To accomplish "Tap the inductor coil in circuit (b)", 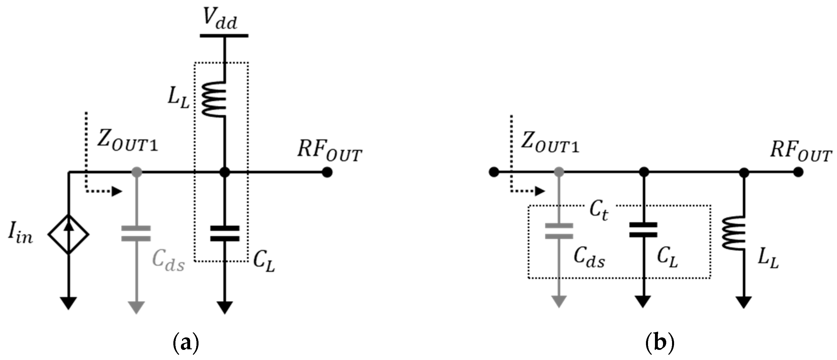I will (733, 233).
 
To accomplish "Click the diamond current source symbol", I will (69, 234).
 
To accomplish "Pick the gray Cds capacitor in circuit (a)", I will (136, 234).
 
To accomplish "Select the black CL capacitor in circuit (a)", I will (225, 234).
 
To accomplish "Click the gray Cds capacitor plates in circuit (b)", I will (559, 231).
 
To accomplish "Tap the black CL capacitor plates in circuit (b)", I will (643, 230).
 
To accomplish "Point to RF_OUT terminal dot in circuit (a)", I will (327, 172).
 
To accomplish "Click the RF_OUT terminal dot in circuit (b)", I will (798, 172).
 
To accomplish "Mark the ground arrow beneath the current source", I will (69, 303).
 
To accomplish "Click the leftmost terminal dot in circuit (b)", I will (494, 172).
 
